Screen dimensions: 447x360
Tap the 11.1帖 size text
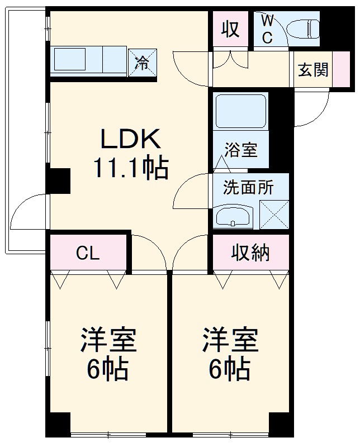click(130, 167)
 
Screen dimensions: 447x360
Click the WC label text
click(268, 29)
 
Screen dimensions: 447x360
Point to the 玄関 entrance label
click(313, 70)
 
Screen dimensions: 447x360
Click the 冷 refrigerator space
click(143, 61)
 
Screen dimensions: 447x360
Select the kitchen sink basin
click(69, 60)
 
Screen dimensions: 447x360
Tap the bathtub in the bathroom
click(240, 112)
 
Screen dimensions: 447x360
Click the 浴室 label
click(241, 150)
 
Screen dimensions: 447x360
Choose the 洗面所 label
click(248, 187)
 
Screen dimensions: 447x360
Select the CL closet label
click(88, 253)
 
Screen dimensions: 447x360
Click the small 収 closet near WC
click(230, 28)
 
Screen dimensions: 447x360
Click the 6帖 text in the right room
click(230, 368)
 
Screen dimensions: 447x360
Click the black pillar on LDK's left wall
click(58, 180)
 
